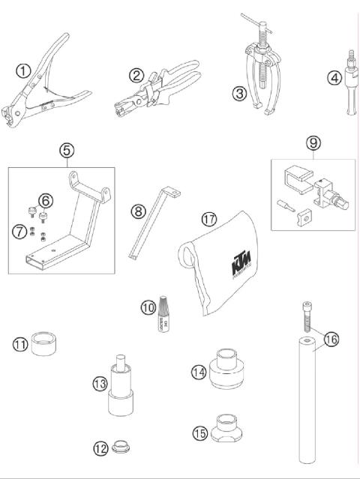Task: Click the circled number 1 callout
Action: [23, 71]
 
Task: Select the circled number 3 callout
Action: [239, 94]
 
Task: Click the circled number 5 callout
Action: [67, 150]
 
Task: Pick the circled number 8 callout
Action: [137, 211]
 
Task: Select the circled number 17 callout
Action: [209, 219]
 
